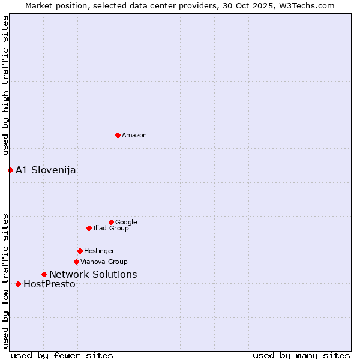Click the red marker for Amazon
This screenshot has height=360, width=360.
click(x=118, y=135)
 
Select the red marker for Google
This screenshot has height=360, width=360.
click(x=111, y=222)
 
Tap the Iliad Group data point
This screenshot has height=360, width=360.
click(x=89, y=228)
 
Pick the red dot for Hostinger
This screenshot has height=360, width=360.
click(x=80, y=251)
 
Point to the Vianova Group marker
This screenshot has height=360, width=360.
click(x=76, y=262)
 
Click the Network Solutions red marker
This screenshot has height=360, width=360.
click(x=44, y=274)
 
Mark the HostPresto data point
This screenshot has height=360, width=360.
click(x=18, y=284)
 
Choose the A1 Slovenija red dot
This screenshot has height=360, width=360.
click(x=10, y=170)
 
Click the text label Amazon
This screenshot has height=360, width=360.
click(x=134, y=136)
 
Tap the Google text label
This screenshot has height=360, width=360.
click(x=126, y=222)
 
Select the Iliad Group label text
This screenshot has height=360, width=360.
click(x=111, y=228)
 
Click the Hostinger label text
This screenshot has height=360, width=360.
click(x=99, y=251)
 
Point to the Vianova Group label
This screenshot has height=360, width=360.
click(x=104, y=262)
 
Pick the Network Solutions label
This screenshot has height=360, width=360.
click(x=93, y=275)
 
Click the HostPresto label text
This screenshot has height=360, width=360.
click(x=49, y=284)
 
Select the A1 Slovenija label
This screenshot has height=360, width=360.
click(x=46, y=170)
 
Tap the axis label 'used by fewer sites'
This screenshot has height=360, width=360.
click(x=62, y=355)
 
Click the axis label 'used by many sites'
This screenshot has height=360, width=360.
click(x=301, y=355)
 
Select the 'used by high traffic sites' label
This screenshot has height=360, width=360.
click(x=5, y=85)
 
